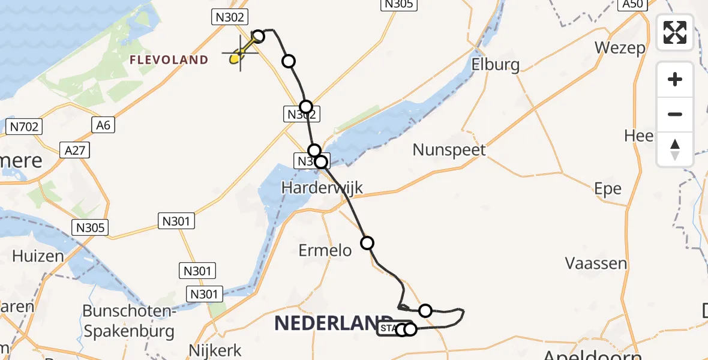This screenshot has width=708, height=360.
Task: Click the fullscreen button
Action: coord(675,32)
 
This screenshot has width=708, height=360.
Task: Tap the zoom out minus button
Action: coord(675,114)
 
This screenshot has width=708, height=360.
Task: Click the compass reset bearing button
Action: coord(675,149)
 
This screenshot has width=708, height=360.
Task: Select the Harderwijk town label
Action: coord(323,188)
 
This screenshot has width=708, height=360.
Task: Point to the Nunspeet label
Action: coord(449,149)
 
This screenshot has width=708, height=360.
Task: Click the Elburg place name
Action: coord(496,64)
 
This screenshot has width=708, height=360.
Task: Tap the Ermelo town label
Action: coord(325,250)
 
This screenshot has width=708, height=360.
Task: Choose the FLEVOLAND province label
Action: coord(169,60)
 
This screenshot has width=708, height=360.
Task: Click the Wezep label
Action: coord(620,47)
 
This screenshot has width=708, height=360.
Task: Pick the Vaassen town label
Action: coord(596,263)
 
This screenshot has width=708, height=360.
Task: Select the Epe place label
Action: coord(608,188)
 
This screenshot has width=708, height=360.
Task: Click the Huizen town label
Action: coord(38,256)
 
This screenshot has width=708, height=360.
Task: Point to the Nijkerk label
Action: coord(215,350)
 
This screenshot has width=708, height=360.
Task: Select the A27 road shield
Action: coord(75,151)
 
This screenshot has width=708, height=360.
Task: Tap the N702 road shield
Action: coord(23,127)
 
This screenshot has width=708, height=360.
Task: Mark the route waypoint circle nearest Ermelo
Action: coord(367,243)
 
